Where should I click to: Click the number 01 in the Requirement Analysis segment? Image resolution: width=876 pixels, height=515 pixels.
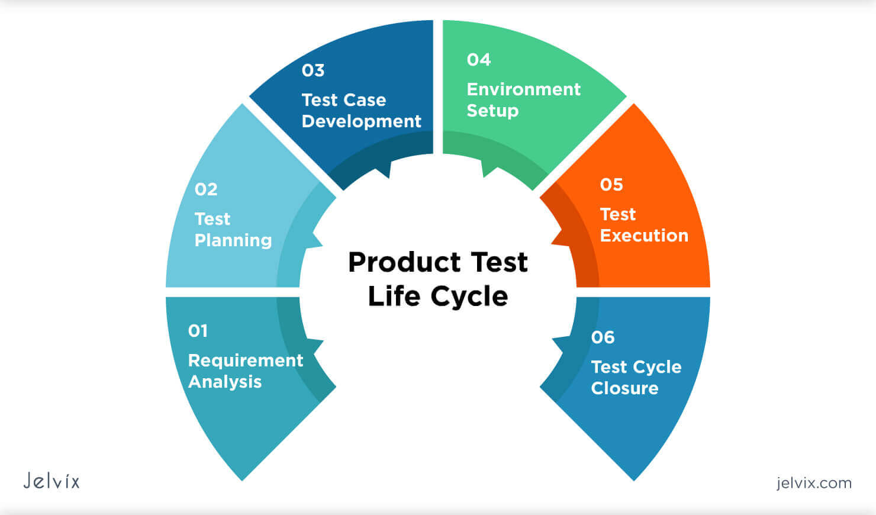198,330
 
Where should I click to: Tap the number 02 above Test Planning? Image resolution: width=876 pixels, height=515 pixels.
206,189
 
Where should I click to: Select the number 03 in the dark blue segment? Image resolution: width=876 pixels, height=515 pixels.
313,70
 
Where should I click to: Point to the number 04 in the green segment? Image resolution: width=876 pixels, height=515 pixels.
479,60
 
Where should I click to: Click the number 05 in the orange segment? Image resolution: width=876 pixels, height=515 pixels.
611,185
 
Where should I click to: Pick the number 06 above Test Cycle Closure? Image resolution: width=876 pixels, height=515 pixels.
603,337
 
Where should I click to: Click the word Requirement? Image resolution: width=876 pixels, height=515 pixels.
246,360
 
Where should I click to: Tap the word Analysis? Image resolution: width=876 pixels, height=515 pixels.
225,382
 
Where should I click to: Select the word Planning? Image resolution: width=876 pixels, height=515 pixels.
233,240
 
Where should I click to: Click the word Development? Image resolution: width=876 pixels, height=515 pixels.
362,121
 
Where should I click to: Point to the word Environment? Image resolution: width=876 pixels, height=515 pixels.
524,89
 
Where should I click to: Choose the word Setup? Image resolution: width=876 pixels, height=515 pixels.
492,111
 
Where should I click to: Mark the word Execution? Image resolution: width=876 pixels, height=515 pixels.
644,236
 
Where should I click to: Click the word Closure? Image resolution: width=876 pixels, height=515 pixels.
624,388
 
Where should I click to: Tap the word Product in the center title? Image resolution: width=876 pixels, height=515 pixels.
404,262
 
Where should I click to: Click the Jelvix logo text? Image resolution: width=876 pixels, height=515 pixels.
51,481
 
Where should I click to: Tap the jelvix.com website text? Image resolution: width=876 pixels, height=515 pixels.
814,483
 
